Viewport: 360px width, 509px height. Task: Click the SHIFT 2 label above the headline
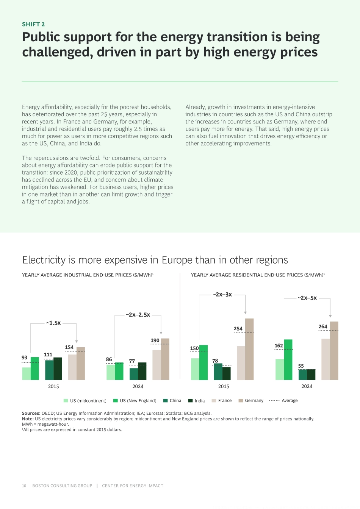33,24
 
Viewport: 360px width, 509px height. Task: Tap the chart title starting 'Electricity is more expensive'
155,260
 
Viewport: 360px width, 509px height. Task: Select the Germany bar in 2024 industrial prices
165,359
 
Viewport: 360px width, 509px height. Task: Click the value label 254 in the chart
238,328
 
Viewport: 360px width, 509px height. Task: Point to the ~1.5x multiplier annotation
53,323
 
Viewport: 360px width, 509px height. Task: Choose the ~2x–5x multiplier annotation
307,298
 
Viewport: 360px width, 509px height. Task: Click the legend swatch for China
166,400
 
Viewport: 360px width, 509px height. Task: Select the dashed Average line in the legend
274,400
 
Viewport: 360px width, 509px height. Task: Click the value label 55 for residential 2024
301,366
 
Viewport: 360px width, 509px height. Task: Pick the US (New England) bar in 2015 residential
203,362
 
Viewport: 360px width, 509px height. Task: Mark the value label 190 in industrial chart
155,340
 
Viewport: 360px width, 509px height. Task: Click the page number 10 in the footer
24,486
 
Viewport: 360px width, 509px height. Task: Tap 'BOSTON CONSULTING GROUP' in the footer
62,486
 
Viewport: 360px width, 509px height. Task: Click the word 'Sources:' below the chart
31,413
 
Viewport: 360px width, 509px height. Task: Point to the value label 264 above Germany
323,326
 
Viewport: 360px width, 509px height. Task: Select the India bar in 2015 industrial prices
58,368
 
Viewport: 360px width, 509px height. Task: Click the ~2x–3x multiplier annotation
222,294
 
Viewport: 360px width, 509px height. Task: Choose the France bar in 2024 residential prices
326,359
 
